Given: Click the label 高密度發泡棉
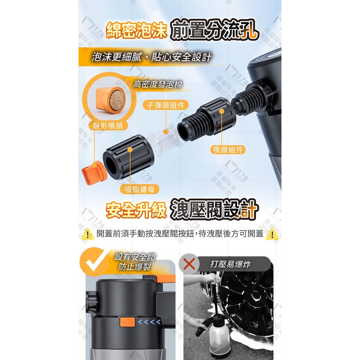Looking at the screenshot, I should (157, 84).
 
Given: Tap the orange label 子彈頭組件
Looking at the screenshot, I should (166, 105).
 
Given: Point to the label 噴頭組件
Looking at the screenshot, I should (228, 150).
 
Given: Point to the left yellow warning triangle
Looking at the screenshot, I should (87, 234).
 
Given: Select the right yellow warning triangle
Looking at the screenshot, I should (272, 234).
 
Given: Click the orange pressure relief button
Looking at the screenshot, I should (127, 321).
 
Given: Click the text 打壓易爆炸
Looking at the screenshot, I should (230, 265).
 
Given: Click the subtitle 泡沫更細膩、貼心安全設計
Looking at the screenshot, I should (151, 57).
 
